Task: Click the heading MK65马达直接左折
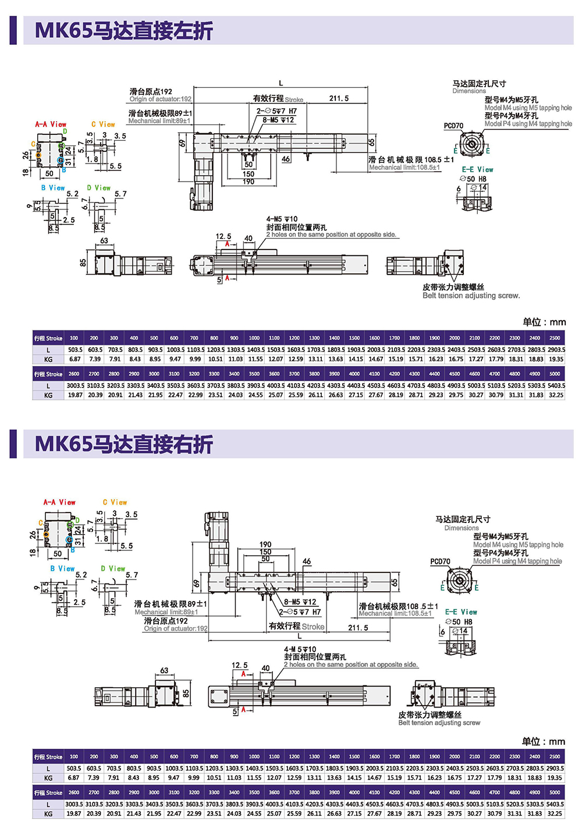(x=123, y=30)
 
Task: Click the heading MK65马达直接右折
(x=123, y=444)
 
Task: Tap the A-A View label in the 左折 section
(x=51, y=125)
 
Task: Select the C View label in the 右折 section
(x=115, y=502)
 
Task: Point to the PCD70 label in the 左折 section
(x=453, y=126)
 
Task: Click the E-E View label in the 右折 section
(x=461, y=612)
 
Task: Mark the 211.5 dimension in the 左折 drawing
(x=339, y=98)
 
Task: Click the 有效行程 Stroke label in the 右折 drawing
(x=296, y=627)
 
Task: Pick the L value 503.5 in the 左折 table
(x=75, y=350)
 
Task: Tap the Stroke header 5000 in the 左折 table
(x=555, y=374)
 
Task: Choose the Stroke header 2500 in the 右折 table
(x=555, y=757)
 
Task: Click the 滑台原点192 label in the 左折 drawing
(x=151, y=91)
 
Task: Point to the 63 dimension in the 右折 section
(x=164, y=670)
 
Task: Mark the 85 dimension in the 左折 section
(x=83, y=262)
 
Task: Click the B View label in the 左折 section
(x=53, y=188)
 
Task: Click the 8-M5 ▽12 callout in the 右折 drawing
(x=300, y=602)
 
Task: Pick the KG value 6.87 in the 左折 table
(x=75, y=359)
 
